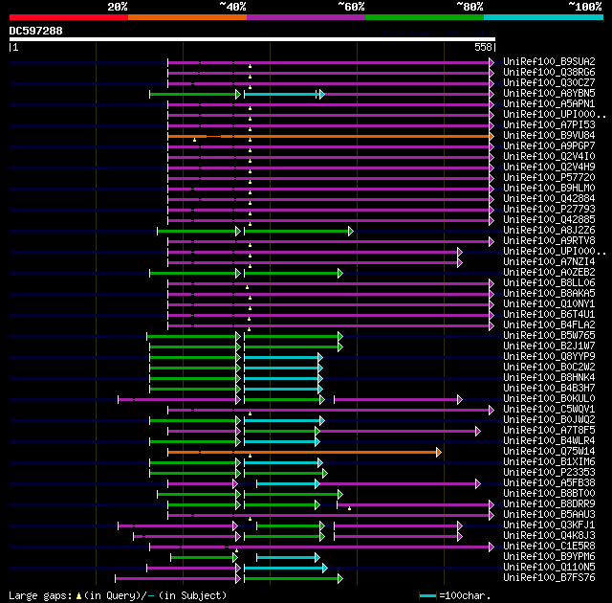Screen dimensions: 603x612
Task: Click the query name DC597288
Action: point(35,31)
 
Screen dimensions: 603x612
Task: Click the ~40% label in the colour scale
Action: point(232,7)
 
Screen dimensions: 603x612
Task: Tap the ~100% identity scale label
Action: point(584,7)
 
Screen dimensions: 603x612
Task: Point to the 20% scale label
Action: point(118,7)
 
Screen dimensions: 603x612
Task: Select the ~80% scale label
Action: point(470,7)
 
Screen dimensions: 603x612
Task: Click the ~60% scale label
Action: point(351,7)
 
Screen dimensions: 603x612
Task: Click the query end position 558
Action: point(483,47)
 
